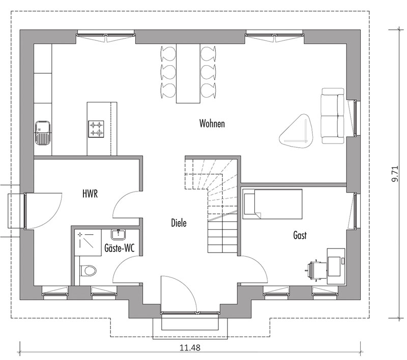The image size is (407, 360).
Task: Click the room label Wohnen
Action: [x=212, y=124]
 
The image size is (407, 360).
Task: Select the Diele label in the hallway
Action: [x=179, y=223]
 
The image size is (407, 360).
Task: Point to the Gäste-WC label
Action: [x=120, y=250]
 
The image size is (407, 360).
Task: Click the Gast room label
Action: [x=300, y=235]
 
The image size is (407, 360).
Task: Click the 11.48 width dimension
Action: [x=188, y=348]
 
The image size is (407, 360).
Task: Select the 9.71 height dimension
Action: [x=394, y=173]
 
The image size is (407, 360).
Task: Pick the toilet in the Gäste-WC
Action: [x=90, y=269]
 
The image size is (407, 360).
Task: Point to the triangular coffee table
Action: [x=296, y=130]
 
